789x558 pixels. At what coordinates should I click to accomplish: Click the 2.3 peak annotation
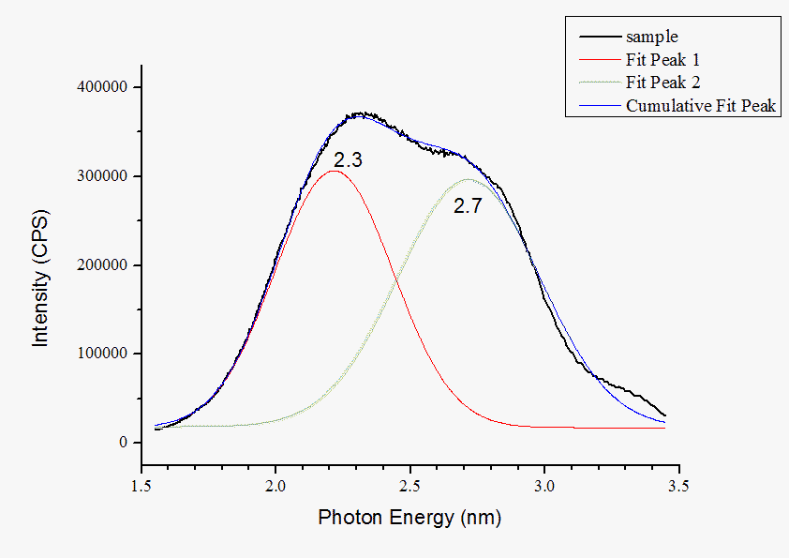348,160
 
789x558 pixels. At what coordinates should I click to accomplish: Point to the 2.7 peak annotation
467,206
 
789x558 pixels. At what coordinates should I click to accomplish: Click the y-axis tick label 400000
101,87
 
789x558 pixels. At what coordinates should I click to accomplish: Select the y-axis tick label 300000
101,176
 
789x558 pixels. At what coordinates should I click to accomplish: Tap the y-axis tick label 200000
101,265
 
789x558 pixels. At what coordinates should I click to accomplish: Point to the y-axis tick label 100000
101,354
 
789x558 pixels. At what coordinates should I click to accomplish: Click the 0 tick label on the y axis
123,443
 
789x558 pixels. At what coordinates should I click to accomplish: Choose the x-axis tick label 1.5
141,486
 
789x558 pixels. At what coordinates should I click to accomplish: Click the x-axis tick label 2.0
275,486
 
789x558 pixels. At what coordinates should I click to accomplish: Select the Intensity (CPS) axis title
40,278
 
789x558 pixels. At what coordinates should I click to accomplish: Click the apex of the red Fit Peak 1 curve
334,171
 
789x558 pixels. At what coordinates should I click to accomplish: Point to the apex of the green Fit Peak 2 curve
468,178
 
